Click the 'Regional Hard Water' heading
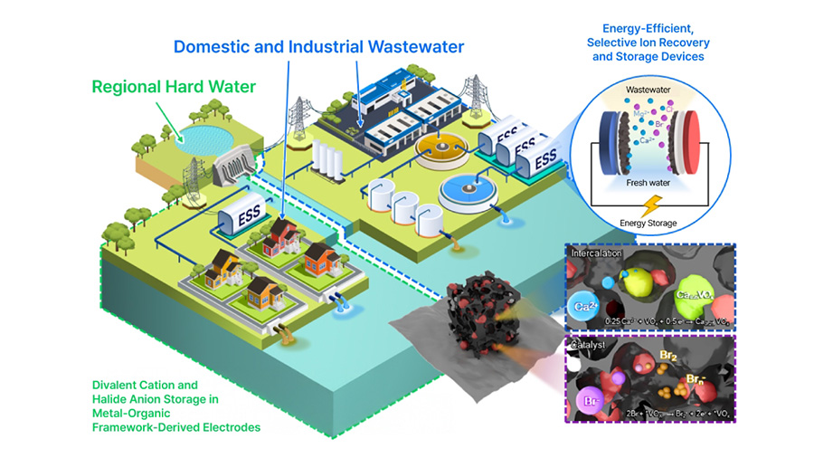(172, 88)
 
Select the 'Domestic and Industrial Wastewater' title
(319, 46)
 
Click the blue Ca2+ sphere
(585, 305)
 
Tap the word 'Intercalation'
(598, 253)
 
